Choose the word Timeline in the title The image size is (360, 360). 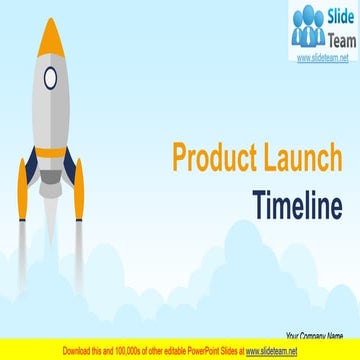pyautogui.click(x=300, y=205)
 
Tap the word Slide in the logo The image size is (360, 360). pyautogui.click(x=332, y=17)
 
